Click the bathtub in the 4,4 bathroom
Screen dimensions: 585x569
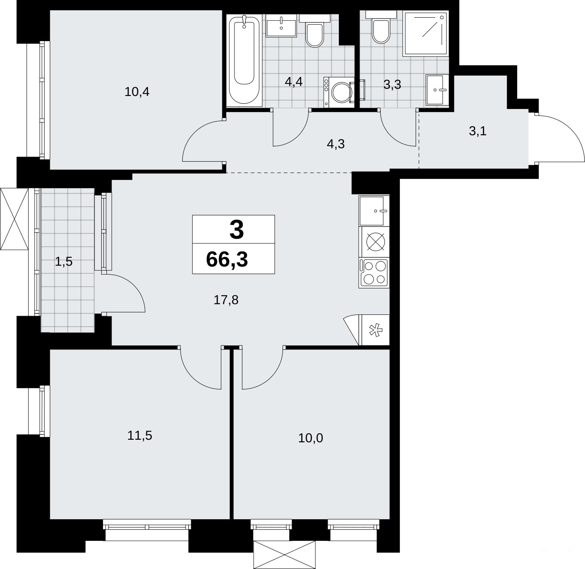pos(244,60)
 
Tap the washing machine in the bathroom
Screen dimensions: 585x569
pos(339,92)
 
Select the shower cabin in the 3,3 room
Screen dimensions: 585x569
pos(425,33)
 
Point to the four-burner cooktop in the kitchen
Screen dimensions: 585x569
pos(374,273)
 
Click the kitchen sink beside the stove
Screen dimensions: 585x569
pos(374,211)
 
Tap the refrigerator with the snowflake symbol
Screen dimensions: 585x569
pos(374,330)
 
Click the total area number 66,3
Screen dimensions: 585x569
pos(227,259)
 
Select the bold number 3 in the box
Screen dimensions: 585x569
pos(236,230)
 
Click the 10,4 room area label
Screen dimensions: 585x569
pos(137,92)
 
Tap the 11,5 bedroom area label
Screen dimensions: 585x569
pos(139,435)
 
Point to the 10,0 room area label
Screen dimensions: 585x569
pos(311,438)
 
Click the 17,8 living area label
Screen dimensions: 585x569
pos(226,300)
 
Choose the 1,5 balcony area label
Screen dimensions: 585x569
pos(64,262)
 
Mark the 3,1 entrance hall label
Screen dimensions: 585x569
pos(478,131)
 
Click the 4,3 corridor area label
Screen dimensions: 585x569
pos(336,144)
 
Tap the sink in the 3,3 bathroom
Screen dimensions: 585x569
pos(437,90)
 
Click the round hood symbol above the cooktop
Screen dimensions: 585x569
pos(376,242)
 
